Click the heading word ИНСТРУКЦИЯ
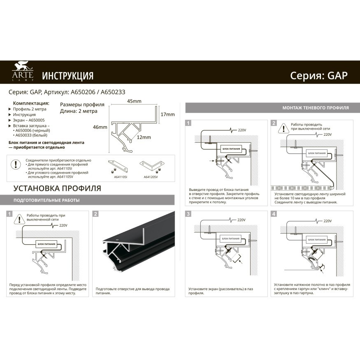coord(68,76)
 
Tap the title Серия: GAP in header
coord(319,75)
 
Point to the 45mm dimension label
coord(134,102)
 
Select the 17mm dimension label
coord(167,114)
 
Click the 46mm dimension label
coord(100,128)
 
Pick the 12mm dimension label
coord(144,137)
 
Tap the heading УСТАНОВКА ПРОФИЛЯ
coord(57,189)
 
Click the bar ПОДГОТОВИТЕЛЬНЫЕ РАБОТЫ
coord(46,200)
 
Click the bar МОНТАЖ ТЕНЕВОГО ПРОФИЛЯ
coord(315,108)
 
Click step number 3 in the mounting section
coord(188,214)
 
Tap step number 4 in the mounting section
coord(274,214)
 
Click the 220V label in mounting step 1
coord(242,130)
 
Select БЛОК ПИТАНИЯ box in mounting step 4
coord(317,238)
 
